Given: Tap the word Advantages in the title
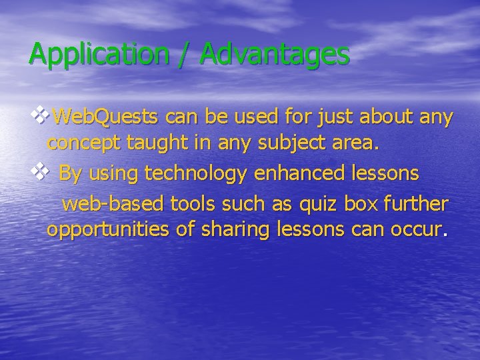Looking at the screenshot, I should pos(273,54).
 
